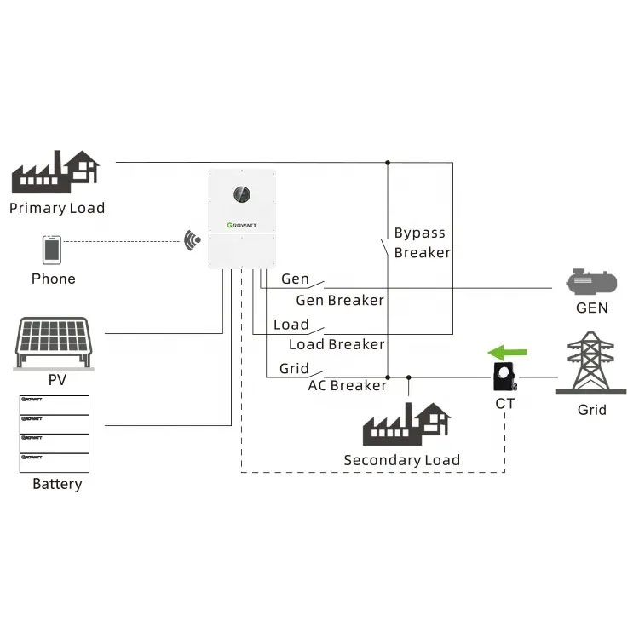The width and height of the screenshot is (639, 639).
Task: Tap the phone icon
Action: pyautogui.click(x=52, y=250)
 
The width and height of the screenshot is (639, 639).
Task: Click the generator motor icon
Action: pyautogui.click(x=591, y=281)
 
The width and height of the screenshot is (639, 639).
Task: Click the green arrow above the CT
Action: pyautogui.click(x=507, y=351)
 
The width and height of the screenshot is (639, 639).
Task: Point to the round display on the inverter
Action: pyautogui.click(x=242, y=193)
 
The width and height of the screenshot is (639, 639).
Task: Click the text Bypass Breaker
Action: pyautogui.click(x=421, y=243)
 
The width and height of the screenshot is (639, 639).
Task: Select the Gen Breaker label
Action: pyautogui.click(x=339, y=300)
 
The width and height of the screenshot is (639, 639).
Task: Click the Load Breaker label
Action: pyautogui.click(x=336, y=344)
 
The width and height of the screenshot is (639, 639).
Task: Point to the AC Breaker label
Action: pyautogui.click(x=347, y=385)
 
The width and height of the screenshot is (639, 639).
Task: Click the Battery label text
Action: pyautogui.click(x=57, y=484)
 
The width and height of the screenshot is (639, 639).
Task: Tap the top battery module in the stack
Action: pyautogui.click(x=54, y=403)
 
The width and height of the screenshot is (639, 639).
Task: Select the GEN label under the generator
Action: pyautogui.click(x=591, y=308)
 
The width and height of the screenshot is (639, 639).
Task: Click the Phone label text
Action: pyautogui.click(x=53, y=279)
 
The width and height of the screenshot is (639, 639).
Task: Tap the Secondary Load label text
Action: pyautogui.click(x=401, y=460)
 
